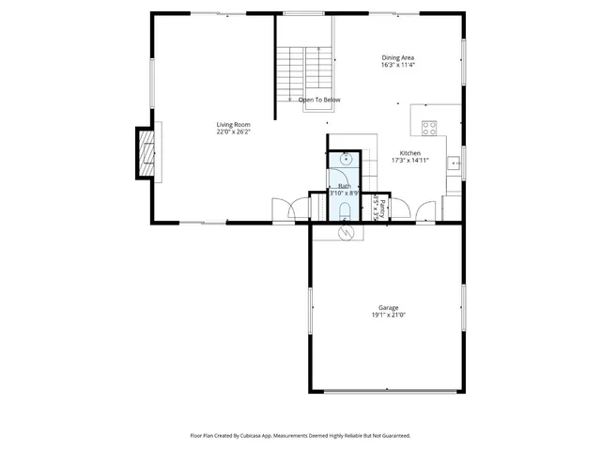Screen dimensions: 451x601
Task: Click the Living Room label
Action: click(x=233, y=124)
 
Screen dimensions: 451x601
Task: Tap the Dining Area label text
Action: click(x=397, y=57)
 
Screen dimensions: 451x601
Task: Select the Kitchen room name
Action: click(x=410, y=153)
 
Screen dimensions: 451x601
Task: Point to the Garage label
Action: click(x=388, y=307)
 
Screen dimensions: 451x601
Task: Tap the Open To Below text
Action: click(x=319, y=100)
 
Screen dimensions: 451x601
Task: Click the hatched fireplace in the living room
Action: click(x=146, y=152)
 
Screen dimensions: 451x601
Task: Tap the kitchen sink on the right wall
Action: click(x=452, y=164)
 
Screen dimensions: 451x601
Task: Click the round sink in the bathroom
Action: click(x=345, y=159)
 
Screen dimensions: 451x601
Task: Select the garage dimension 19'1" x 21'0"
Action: click(x=388, y=316)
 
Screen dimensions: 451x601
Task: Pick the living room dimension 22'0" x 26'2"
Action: click(x=233, y=132)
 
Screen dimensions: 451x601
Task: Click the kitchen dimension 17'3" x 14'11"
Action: click(x=410, y=161)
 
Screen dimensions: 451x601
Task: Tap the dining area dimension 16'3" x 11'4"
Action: click(x=397, y=66)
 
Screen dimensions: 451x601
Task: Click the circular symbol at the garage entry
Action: click(x=345, y=231)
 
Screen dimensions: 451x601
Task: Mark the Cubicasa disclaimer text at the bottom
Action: click(x=300, y=436)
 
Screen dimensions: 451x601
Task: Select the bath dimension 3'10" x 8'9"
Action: click(x=342, y=194)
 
